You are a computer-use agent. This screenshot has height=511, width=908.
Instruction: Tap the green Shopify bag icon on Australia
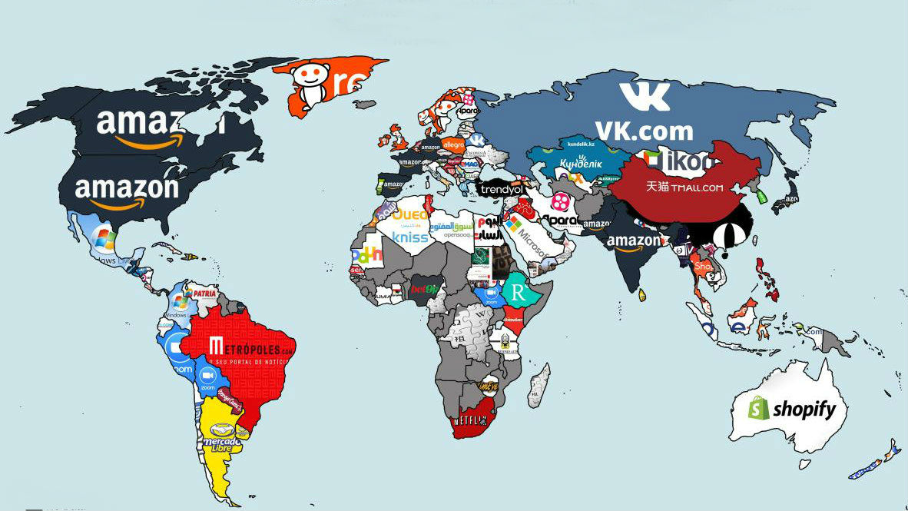758,407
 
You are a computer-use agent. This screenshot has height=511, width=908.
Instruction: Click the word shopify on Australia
804,410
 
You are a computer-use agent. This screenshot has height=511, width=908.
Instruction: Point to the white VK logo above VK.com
645,97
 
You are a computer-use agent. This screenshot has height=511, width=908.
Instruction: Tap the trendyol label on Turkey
502,188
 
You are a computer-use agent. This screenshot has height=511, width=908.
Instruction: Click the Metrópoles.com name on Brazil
251,347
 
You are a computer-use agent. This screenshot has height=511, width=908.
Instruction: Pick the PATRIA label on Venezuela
204,293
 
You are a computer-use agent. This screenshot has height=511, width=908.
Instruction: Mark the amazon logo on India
633,243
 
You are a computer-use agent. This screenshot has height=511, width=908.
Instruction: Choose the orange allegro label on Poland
454,144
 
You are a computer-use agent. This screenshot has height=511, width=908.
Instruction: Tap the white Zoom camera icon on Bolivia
206,376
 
